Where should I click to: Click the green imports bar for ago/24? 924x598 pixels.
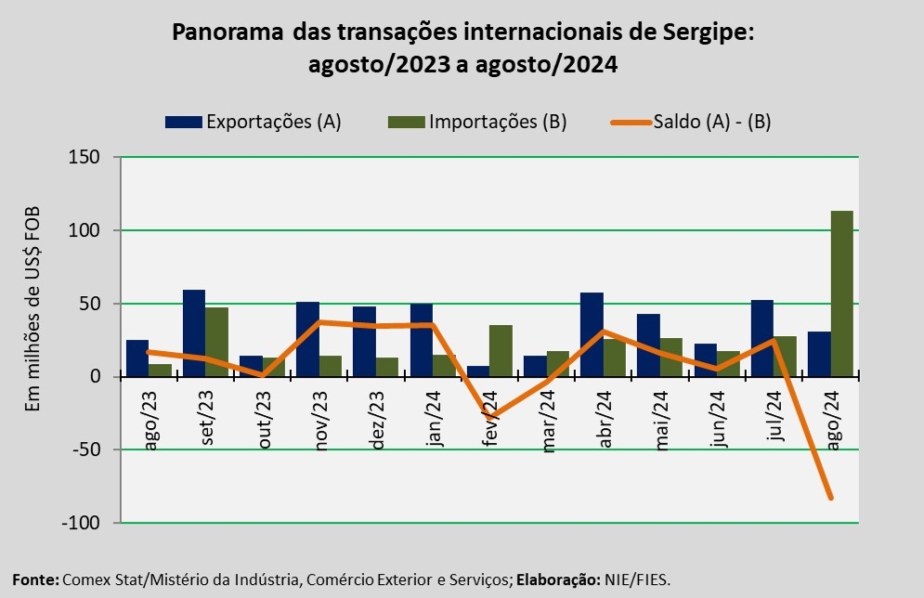842,293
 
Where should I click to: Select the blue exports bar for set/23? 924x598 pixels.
194,333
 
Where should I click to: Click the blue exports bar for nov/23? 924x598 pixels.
307,339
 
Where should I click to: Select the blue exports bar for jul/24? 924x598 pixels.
762,338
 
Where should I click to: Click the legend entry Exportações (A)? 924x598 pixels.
254,122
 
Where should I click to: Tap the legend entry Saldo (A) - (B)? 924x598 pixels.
691,122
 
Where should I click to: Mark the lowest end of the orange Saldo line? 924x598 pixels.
831,498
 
